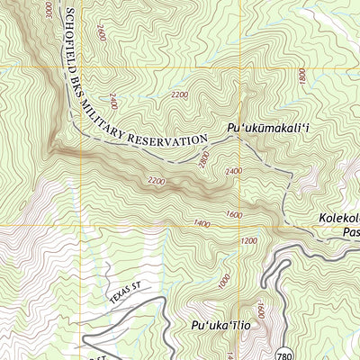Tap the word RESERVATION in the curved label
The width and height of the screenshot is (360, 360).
[168, 141]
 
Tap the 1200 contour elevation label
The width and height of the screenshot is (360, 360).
[249, 240]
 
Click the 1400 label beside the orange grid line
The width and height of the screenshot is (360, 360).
[201, 222]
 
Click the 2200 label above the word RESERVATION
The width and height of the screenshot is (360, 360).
[179, 94]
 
